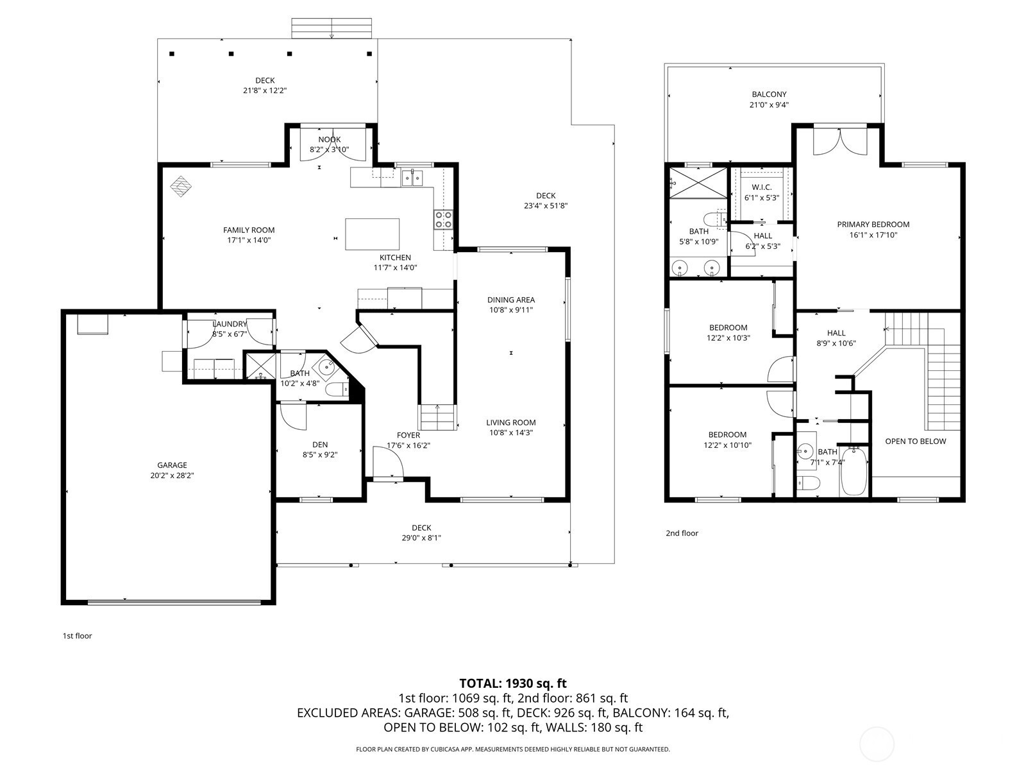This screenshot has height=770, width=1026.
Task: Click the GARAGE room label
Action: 172,465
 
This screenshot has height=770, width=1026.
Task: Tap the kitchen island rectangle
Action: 372,234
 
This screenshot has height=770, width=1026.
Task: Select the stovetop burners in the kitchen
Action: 443,219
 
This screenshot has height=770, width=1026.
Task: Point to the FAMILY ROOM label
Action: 249,230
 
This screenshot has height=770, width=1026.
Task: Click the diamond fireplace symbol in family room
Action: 180,186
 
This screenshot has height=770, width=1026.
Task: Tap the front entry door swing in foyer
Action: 388,462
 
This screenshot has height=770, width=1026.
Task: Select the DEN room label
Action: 320,445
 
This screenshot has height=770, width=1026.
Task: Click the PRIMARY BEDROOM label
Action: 873,225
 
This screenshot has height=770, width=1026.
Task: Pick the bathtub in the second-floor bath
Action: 854,472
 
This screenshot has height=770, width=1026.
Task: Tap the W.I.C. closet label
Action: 762,187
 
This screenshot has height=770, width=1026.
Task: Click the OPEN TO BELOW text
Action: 916,441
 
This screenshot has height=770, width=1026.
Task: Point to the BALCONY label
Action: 769,94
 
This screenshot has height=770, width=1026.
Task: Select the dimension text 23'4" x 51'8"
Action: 546,206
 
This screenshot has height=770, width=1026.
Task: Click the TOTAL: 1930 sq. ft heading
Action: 513,683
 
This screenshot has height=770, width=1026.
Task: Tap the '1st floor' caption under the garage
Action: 78,636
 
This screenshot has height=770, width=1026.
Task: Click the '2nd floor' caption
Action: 682,533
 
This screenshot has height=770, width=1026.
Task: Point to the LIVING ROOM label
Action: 511,423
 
